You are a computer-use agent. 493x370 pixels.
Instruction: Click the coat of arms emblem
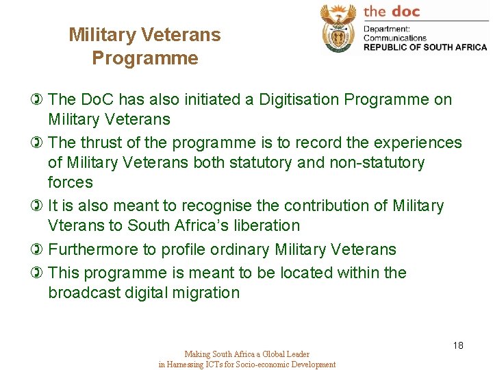pyautogui.click(x=338, y=28)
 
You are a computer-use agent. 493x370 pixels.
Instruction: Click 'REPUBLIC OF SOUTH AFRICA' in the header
pyautogui.click(x=425, y=47)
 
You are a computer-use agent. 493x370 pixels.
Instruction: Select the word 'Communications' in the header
pyautogui.click(x=394, y=38)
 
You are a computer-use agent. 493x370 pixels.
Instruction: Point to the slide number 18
pyautogui.click(x=458, y=345)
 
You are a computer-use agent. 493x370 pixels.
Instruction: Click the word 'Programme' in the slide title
pyautogui.click(x=145, y=58)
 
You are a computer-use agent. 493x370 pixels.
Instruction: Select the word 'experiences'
pyautogui.click(x=419, y=143)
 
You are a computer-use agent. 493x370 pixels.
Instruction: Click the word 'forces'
pyautogui.click(x=71, y=182)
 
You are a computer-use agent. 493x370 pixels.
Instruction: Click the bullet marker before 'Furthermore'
pyautogui.click(x=37, y=249)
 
